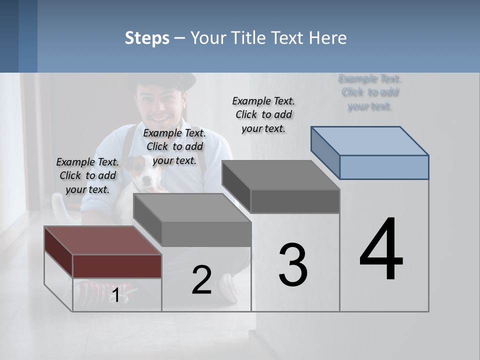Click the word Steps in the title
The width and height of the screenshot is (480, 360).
click(x=147, y=38)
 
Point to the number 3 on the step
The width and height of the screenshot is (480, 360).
click(x=293, y=264)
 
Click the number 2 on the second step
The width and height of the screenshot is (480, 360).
click(x=201, y=280)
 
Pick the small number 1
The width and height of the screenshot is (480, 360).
click(x=115, y=295)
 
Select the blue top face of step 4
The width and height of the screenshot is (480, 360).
click(x=370, y=140)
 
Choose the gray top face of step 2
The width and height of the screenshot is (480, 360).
click(x=192, y=207)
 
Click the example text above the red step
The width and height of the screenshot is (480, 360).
click(x=87, y=175)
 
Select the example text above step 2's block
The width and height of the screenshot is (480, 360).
click(x=174, y=146)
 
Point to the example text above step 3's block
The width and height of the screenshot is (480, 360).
click(x=263, y=114)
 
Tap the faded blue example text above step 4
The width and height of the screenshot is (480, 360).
click(x=370, y=92)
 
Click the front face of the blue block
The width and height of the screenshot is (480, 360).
click(x=384, y=167)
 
